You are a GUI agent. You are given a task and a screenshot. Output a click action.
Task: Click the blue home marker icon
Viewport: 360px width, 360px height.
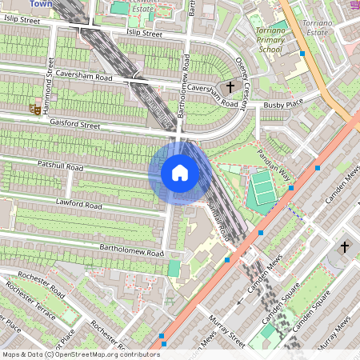point(179,173)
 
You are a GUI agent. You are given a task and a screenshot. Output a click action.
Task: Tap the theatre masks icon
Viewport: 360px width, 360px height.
point(35,106)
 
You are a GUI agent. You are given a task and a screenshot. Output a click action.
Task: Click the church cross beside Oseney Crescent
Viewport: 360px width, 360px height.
point(231,86)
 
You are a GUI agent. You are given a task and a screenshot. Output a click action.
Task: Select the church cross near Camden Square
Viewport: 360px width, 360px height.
point(345,247)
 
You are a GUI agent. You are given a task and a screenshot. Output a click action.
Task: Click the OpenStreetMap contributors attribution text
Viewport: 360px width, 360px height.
point(80,354)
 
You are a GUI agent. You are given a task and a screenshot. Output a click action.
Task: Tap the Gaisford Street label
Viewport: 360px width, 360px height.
point(73,125)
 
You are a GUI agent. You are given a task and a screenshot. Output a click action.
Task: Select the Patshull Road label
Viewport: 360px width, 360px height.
point(60,166)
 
